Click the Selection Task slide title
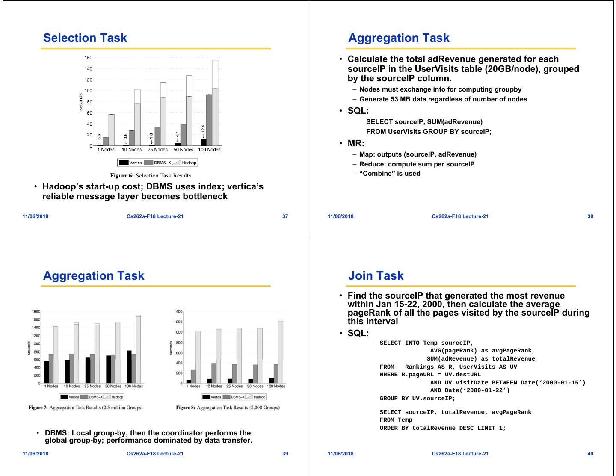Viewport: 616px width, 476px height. click(85, 38)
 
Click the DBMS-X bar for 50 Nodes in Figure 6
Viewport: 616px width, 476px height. click(183, 135)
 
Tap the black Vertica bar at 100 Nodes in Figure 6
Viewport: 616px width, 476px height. click(204, 142)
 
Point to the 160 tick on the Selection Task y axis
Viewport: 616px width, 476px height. click(88, 58)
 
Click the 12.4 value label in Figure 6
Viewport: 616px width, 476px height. click(203, 129)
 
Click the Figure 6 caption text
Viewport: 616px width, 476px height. click(151, 175)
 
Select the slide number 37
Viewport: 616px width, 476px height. click(285, 216)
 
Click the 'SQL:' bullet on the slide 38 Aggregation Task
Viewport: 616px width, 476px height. click(358, 111)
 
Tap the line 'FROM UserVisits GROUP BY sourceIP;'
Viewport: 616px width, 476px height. click(429, 132)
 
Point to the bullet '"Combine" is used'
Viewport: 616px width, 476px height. click(390, 174)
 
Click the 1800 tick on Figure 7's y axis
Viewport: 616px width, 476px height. click(36, 312)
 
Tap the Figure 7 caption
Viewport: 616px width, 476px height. click(86, 408)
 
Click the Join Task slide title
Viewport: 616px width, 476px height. click(376, 276)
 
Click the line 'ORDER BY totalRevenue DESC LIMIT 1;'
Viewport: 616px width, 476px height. click(442, 428)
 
